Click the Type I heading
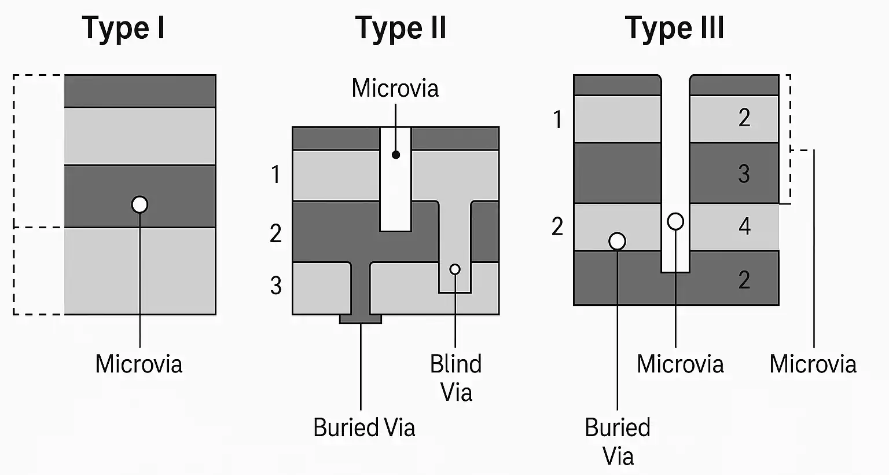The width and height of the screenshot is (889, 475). (x=123, y=28)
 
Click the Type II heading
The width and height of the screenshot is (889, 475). (x=401, y=28)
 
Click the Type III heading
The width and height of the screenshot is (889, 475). (x=674, y=28)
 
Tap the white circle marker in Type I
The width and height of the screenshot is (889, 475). (x=139, y=204)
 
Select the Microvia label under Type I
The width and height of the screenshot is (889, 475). (x=139, y=364)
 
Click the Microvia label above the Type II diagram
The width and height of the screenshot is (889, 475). (x=395, y=89)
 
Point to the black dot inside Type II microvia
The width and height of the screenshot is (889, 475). (x=396, y=155)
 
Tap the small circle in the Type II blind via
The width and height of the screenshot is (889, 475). (x=455, y=269)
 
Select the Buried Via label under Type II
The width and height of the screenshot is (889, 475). (x=364, y=427)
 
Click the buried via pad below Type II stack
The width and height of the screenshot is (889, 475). (x=360, y=319)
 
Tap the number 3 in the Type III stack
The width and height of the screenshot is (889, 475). (x=744, y=174)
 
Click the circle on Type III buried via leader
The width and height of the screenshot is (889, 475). (x=618, y=241)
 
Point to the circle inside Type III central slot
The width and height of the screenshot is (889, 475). (x=675, y=221)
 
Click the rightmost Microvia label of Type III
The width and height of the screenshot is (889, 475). (x=813, y=364)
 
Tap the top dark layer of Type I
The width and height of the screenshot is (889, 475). (x=140, y=91)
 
